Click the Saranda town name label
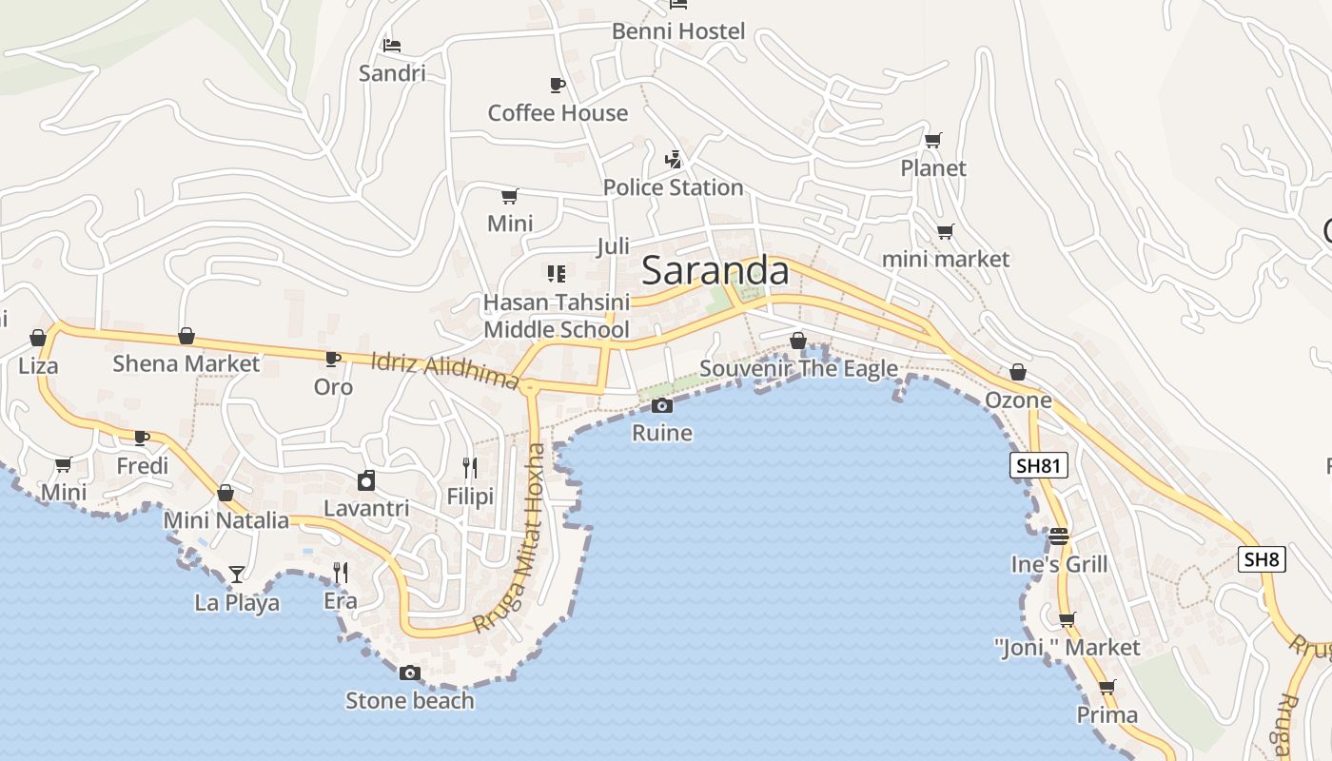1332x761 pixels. tap(715, 271)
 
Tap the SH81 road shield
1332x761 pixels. tap(1038, 465)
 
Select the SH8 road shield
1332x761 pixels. tap(1262, 558)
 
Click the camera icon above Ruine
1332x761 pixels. tap(662, 406)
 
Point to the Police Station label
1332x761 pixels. tap(673, 187)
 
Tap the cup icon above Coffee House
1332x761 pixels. tap(558, 86)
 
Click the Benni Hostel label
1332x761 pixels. tap(678, 31)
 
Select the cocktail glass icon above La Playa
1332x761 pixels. tap(237, 574)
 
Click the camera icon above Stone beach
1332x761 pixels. tap(410, 673)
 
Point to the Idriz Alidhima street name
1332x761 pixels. tap(444, 371)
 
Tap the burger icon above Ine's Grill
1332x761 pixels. tap(1059, 537)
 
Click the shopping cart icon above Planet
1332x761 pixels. tap(933, 141)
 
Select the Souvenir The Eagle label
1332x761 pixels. tap(799, 368)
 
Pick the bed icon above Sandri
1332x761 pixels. tap(392, 45)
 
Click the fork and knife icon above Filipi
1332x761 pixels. tap(470, 467)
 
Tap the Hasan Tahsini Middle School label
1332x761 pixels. tap(557, 316)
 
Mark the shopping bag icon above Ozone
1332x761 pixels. tap(1018, 372)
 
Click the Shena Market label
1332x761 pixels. tap(186, 363)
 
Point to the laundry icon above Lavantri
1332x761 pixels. tap(366, 480)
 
